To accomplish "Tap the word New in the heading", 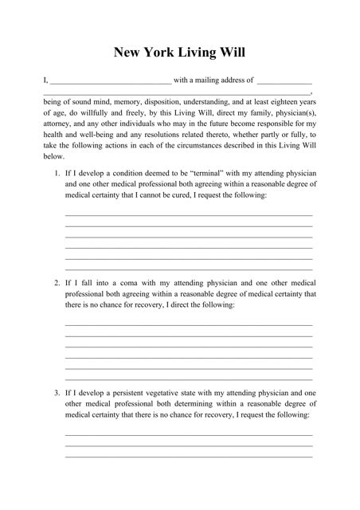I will tap(128, 53).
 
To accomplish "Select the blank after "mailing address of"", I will tap(284, 80).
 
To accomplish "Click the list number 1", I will tap(57, 173).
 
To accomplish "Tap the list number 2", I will tap(57, 283).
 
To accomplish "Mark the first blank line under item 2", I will tap(188, 325).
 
